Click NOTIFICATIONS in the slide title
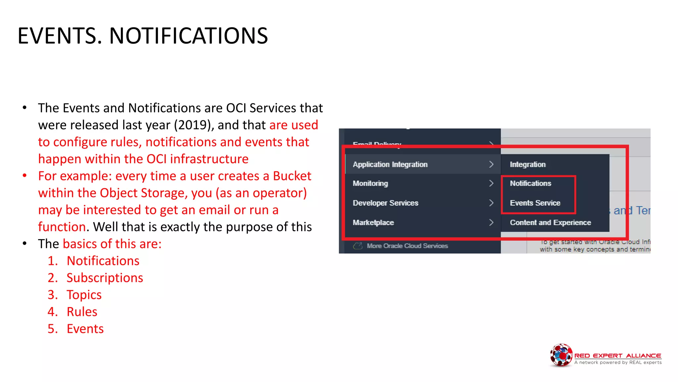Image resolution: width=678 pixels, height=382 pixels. (188, 36)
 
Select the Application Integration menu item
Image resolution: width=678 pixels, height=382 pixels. (390, 164)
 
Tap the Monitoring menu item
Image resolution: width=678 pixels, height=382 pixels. (370, 183)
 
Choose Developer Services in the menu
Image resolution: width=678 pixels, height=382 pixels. (385, 203)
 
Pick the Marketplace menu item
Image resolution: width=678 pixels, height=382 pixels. (373, 223)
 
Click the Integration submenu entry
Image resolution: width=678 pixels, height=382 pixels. (527, 164)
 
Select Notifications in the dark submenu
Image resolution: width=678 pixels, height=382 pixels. (530, 183)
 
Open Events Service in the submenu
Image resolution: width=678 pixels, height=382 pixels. (535, 203)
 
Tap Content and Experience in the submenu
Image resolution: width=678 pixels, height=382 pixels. (550, 223)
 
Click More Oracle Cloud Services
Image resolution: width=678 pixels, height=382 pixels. (407, 246)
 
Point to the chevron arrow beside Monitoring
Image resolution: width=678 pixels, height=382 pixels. (491, 183)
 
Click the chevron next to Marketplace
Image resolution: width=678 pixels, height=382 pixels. (491, 223)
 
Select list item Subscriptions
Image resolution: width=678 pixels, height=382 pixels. (105, 278)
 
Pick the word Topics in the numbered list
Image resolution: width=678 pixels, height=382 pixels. (84, 295)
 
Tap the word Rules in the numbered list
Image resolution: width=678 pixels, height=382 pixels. (82, 312)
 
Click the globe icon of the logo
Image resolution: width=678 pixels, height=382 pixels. (561, 355)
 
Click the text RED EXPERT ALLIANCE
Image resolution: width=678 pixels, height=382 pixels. (617, 355)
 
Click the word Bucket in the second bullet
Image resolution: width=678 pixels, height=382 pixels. (292, 176)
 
